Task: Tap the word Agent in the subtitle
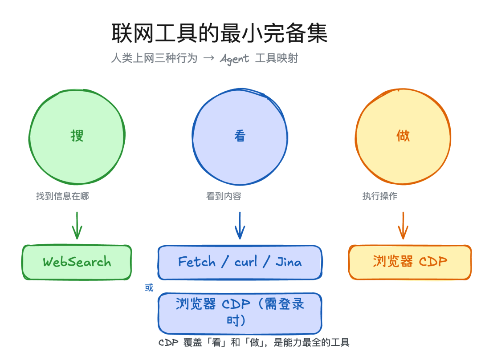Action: point(234,59)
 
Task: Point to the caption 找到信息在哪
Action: point(62,196)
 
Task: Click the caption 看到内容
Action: point(224,196)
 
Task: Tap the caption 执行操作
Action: point(380,196)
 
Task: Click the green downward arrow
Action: point(77,226)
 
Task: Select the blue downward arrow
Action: point(240,226)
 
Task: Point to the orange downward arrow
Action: point(403,226)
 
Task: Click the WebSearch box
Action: point(77,262)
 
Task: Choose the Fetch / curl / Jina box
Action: point(240,262)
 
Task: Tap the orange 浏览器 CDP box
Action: point(410,262)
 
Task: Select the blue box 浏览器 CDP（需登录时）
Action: point(240,313)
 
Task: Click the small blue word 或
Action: point(149,287)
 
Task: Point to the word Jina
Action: point(289,262)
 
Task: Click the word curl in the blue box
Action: point(246,262)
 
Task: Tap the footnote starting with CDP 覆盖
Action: point(254,342)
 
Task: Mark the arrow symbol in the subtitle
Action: point(208,59)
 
